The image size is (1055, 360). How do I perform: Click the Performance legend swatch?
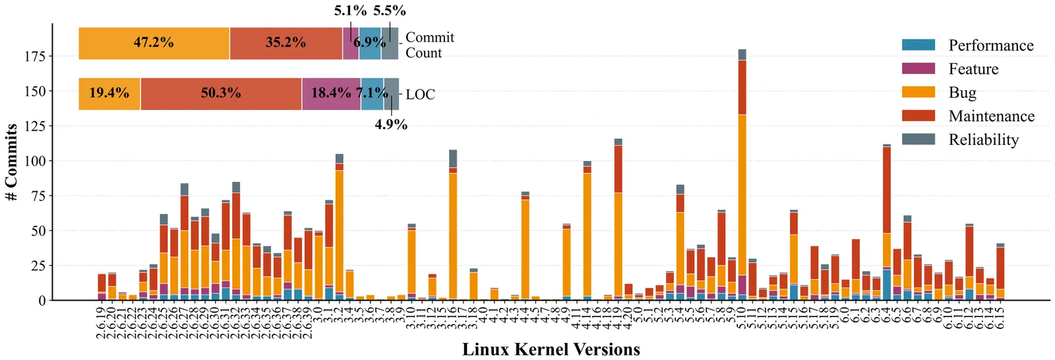point(918,45)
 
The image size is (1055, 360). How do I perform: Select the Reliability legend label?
point(983,140)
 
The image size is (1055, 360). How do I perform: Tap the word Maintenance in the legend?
point(991,116)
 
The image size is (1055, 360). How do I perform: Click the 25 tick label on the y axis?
point(38,266)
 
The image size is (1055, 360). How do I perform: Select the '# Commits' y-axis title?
point(11,162)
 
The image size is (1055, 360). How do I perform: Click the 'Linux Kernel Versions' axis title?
point(551,349)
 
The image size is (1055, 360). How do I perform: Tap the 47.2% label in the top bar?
point(154,43)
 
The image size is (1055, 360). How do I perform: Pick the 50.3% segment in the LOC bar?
point(221,93)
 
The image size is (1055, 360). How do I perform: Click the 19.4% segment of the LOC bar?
point(109,93)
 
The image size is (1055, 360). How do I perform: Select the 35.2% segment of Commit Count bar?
point(286,43)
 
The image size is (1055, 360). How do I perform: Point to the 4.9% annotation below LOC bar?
point(391,125)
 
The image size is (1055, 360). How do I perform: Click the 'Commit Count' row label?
point(429,45)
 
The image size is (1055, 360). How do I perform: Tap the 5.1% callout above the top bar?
point(350,11)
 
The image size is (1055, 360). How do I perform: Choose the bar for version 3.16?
point(453,225)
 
